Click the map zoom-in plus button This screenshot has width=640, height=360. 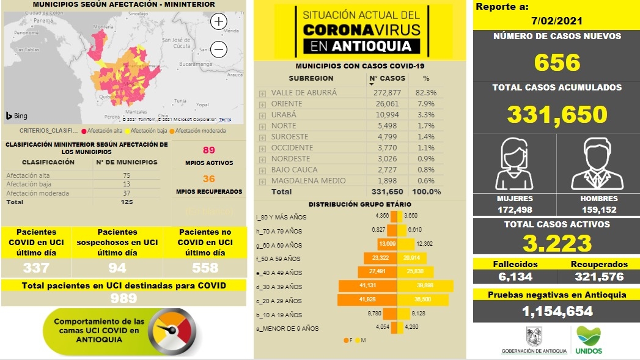pos(219,21)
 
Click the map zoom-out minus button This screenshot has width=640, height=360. pos(219,50)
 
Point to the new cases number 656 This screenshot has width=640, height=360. pos(557,62)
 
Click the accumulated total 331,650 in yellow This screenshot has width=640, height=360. pos(557,114)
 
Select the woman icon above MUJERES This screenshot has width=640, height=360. pos(514,164)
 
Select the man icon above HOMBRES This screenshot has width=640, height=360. pos(598,164)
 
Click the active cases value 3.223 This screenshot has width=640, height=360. pos(557,243)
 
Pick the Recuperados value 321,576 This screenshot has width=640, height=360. pos(599,277)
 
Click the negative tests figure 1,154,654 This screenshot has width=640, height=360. pos(557,312)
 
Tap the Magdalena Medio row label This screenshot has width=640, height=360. pos(308,180)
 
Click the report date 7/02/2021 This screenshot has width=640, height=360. pos(556,21)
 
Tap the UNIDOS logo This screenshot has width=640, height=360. pos(589,340)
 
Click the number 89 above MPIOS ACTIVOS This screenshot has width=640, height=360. pos(208,150)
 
